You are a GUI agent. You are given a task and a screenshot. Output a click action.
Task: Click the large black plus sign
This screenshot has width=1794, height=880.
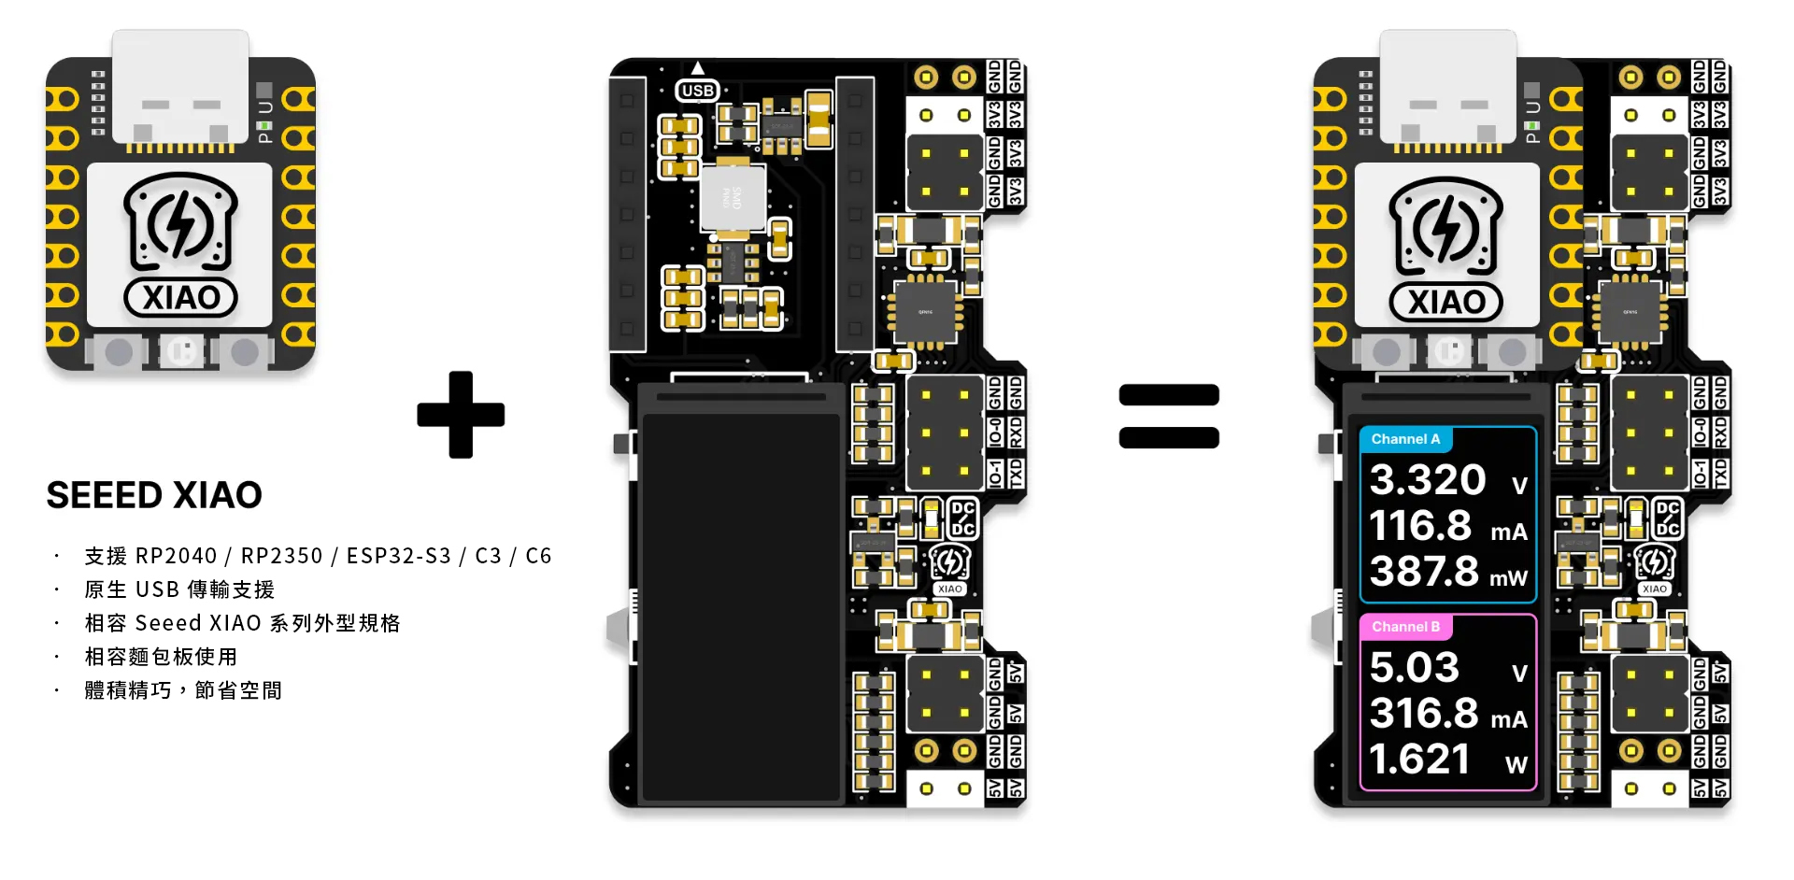coord(461,415)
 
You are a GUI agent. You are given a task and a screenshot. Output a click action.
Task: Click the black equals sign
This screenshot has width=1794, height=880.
coord(1169,416)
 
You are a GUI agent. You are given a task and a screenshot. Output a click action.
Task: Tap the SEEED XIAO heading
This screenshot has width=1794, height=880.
coord(154,495)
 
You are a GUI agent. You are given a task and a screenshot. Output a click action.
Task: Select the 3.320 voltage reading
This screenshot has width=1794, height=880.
coord(1428,480)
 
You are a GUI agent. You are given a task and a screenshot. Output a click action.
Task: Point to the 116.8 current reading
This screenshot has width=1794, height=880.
coord(1420,526)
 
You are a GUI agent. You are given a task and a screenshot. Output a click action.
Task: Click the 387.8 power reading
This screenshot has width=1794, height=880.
coord(1424,572)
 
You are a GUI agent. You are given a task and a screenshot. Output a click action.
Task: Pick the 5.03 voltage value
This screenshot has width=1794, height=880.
coord(1414,668)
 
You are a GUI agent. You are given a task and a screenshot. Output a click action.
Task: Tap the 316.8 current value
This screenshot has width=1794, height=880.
coord(1424,714)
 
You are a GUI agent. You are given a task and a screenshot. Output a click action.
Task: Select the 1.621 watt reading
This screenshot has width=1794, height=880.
coord(1419,759)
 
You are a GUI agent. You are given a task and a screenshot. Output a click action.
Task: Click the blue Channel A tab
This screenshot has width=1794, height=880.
coord(1405,439)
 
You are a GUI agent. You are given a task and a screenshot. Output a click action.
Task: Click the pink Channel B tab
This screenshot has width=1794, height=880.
coord(1405,627)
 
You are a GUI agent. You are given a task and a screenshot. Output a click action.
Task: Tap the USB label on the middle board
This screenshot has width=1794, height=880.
coord(698,91)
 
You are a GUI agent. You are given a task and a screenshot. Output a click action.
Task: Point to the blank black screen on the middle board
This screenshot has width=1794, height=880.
coord(741,598)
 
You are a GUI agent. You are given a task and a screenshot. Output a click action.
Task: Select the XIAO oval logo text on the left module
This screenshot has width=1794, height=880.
coord(181,298)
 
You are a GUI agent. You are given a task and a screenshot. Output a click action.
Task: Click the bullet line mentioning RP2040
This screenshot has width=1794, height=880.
coord(318,556)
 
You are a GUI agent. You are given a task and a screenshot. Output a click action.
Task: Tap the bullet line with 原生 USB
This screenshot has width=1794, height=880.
coord(179,589)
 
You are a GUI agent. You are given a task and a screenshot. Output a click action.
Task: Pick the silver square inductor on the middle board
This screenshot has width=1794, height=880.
coord(733,198)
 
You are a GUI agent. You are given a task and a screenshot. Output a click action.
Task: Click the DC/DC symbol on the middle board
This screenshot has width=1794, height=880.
coord(962,518)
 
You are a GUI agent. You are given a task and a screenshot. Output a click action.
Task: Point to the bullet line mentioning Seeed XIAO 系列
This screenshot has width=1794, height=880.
coord(242,623)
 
